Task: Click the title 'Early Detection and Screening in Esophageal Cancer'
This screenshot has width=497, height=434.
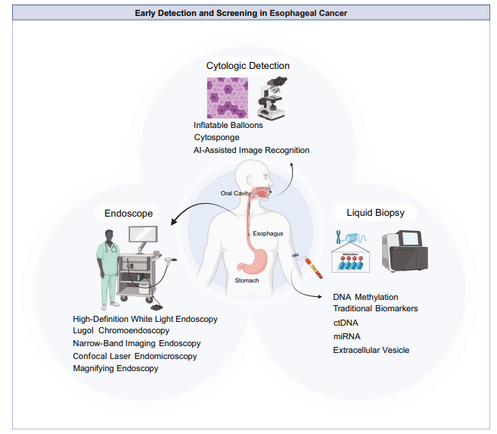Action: (241, 13)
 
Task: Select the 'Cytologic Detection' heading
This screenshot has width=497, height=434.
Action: (248, 66)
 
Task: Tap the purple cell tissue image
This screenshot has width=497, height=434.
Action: (228, 98)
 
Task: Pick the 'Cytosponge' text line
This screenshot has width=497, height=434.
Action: (217, 137)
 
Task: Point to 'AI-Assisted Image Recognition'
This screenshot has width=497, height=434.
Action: (251, 150)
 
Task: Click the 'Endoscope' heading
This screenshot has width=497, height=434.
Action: (129, 213)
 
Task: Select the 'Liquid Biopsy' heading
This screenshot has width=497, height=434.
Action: (376, 213)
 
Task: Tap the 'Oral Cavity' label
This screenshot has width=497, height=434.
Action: (235, 193)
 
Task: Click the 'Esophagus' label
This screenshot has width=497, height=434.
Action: (268, 233)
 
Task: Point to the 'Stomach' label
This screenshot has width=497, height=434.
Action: (247, 280)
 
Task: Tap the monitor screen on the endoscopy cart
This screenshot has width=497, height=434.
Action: (143, 235)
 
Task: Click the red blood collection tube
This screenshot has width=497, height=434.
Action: (313, 268)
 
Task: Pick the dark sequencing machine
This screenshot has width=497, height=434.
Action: (405, 251)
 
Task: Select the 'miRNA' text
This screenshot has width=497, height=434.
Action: (347, 336)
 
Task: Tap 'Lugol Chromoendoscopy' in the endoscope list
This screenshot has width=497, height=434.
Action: (121, 330)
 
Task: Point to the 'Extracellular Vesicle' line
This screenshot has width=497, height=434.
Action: (371, 350)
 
